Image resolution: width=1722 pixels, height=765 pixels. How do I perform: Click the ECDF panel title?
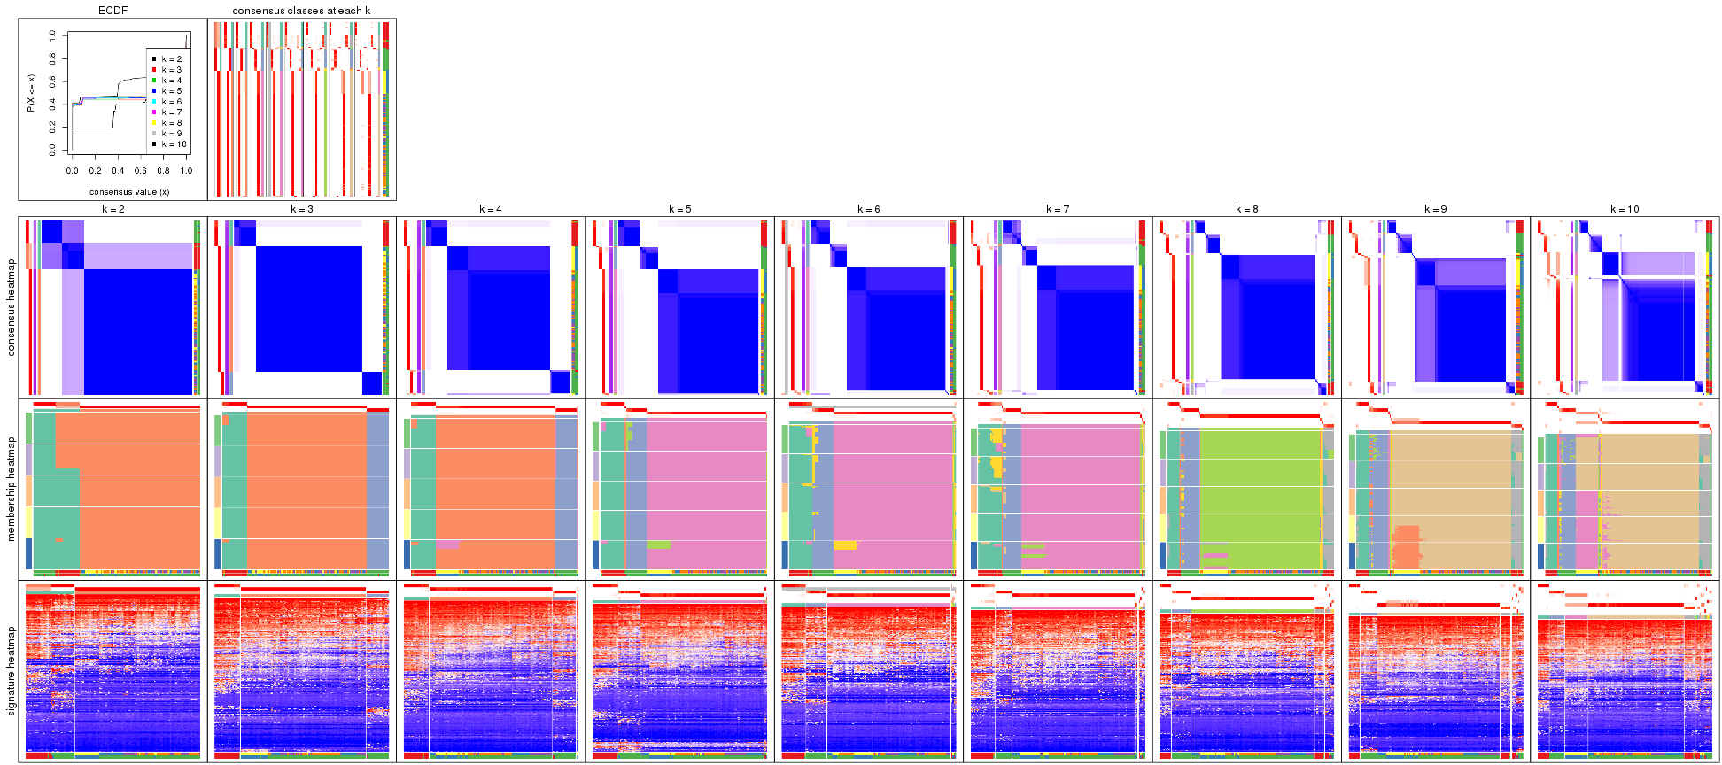(x=112, y=11)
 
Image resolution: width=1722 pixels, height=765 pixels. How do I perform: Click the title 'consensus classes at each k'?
(x=301, y=11)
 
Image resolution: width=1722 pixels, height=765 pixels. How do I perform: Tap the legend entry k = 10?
(x=174, y=144)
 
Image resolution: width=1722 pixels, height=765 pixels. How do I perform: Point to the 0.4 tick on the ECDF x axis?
(x=118, y=171)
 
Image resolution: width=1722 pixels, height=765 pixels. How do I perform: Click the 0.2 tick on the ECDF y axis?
(x=52, y=127)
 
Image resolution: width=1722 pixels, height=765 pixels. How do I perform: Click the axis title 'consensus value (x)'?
(x=129, y=191)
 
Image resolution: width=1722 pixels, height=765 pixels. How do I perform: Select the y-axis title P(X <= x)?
(x=30, y=93)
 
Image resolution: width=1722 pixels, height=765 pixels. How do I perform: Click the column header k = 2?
(x=112, y=210)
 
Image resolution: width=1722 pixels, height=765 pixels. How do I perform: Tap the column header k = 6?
(x=868, y=210)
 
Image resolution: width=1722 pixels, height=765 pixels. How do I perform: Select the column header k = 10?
(x=1625, y=210)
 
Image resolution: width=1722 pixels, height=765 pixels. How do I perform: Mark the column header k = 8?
(x=1246, y=210)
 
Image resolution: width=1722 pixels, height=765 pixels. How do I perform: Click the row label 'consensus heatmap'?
(x=12, y=307)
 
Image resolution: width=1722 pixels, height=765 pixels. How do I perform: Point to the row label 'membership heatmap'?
(x=12, y=489)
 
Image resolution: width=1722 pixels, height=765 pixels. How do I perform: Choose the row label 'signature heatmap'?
(x=12, y=671)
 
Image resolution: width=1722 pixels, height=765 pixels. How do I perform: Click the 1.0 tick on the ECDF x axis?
(x=186, y=171)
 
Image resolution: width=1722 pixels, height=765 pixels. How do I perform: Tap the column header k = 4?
(x=491, y=210)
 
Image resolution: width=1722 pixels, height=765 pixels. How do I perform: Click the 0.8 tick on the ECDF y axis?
(x=52, y=58)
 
